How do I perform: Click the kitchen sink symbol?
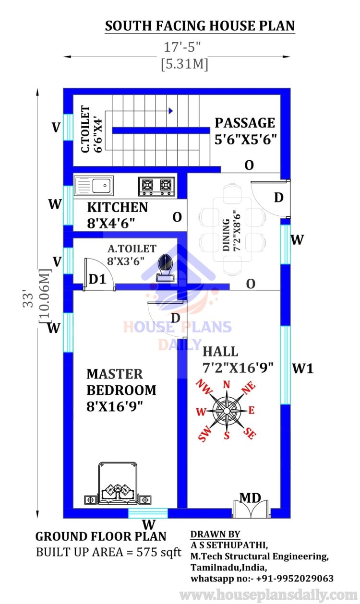(x=94, y=186)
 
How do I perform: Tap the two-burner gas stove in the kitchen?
(x=156, y=186)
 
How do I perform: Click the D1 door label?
(x=97, y=279)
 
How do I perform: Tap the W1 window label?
(x=303, y=368)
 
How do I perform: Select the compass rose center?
(x=227, y=411)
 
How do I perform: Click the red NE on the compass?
(x=249, y=388)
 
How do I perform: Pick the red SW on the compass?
(x=204, y=433)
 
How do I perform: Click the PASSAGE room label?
(x=245, y=123)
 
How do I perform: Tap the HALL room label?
(x=220, y=352)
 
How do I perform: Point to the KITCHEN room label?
(x=118, y=207)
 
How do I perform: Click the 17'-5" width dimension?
(x=182, y=47)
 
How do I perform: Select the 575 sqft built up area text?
(x=159, y=552)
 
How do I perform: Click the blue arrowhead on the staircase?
(x=170, y=110)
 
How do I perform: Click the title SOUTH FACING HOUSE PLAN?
(x=200, y=26)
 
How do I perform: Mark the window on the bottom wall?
(x=148, y=513)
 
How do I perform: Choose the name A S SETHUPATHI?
(x=229, y=545)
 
